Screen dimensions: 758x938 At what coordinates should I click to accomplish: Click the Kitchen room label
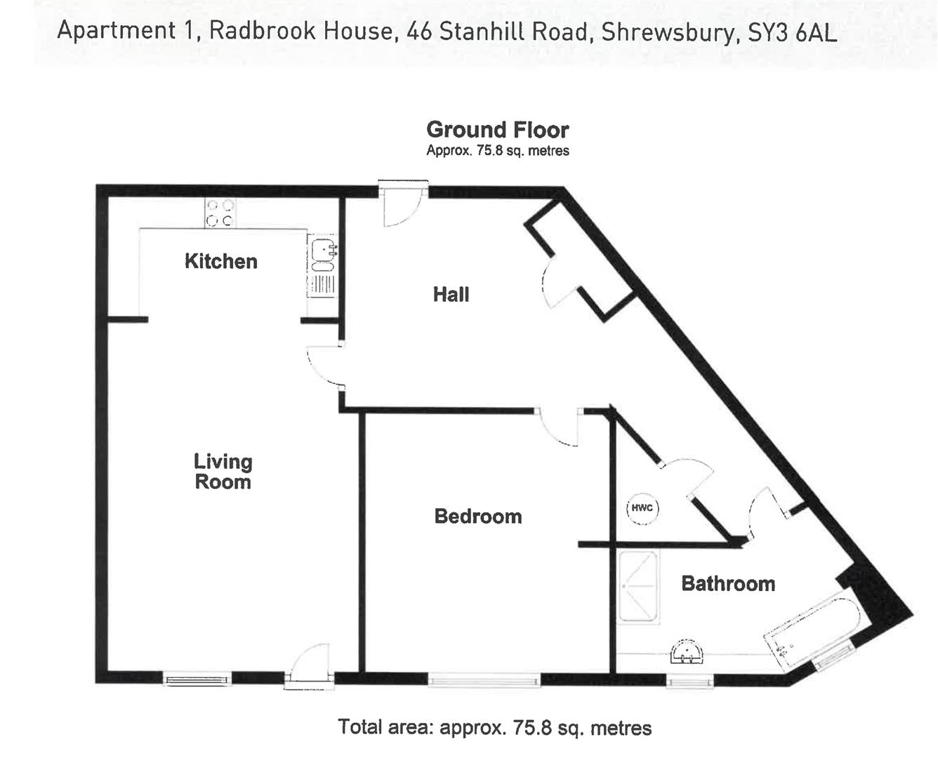(x=220, y=262)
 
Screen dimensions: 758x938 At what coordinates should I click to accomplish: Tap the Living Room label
(x=223, y=472)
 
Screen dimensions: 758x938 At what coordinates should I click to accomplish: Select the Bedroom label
(x=477, y=517)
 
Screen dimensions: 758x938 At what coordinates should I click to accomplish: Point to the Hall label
(x=451, y=294)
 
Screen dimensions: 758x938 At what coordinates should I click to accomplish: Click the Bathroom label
(x=728, y=584)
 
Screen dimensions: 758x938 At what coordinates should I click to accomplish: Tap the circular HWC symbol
(x=642, y=508)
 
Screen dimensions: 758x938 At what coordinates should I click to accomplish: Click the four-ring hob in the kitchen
(x=220, y=213)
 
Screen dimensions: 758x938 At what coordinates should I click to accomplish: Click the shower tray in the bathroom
(x=638, y=587)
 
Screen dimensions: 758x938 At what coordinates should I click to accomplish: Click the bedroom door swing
(x=560, y=427)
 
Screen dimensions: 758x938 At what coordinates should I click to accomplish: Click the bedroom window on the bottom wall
(x=484, y=679)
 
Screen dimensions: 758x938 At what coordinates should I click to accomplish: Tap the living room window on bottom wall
(x=197, y=679)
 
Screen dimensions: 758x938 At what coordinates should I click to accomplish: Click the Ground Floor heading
(x=497, y=130)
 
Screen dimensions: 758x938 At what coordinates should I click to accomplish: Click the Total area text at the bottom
(x=494, y=727)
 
